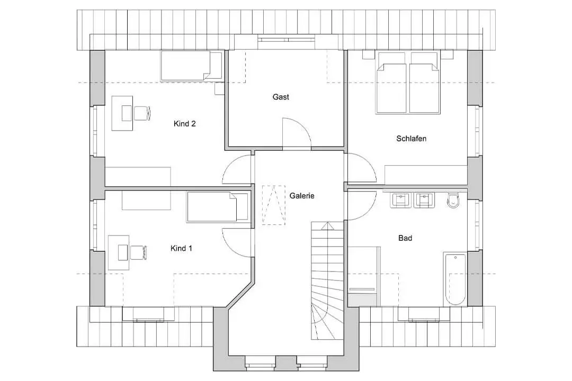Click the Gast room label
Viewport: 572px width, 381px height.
[x=281, y=97]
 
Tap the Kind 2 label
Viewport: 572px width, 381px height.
[x=185, y=124]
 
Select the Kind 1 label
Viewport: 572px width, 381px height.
[x=181, y=249]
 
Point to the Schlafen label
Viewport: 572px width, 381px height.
[x=411, y=139]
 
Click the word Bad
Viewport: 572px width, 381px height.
[x=405, y=238]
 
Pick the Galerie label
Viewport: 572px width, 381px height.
[x=302, y=196]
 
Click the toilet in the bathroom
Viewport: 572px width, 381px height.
[x=453, y=200]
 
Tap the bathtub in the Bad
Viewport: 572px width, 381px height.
[x=455, y=279]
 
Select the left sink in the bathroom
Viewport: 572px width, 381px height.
[x=400, y=200]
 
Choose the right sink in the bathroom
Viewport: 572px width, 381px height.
[x=424, y=200]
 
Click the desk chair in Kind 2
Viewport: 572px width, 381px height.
[x=142, y=113]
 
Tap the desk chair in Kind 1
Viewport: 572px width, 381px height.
[x=138, y=252]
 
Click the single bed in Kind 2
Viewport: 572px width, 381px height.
[x=192, y=66]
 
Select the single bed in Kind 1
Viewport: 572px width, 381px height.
[x=218, y=207]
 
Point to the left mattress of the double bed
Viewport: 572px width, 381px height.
[x=391, y=88]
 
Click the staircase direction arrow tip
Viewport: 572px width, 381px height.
[x=328, y=222]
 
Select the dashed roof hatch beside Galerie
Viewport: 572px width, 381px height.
[x=274, y=205]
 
